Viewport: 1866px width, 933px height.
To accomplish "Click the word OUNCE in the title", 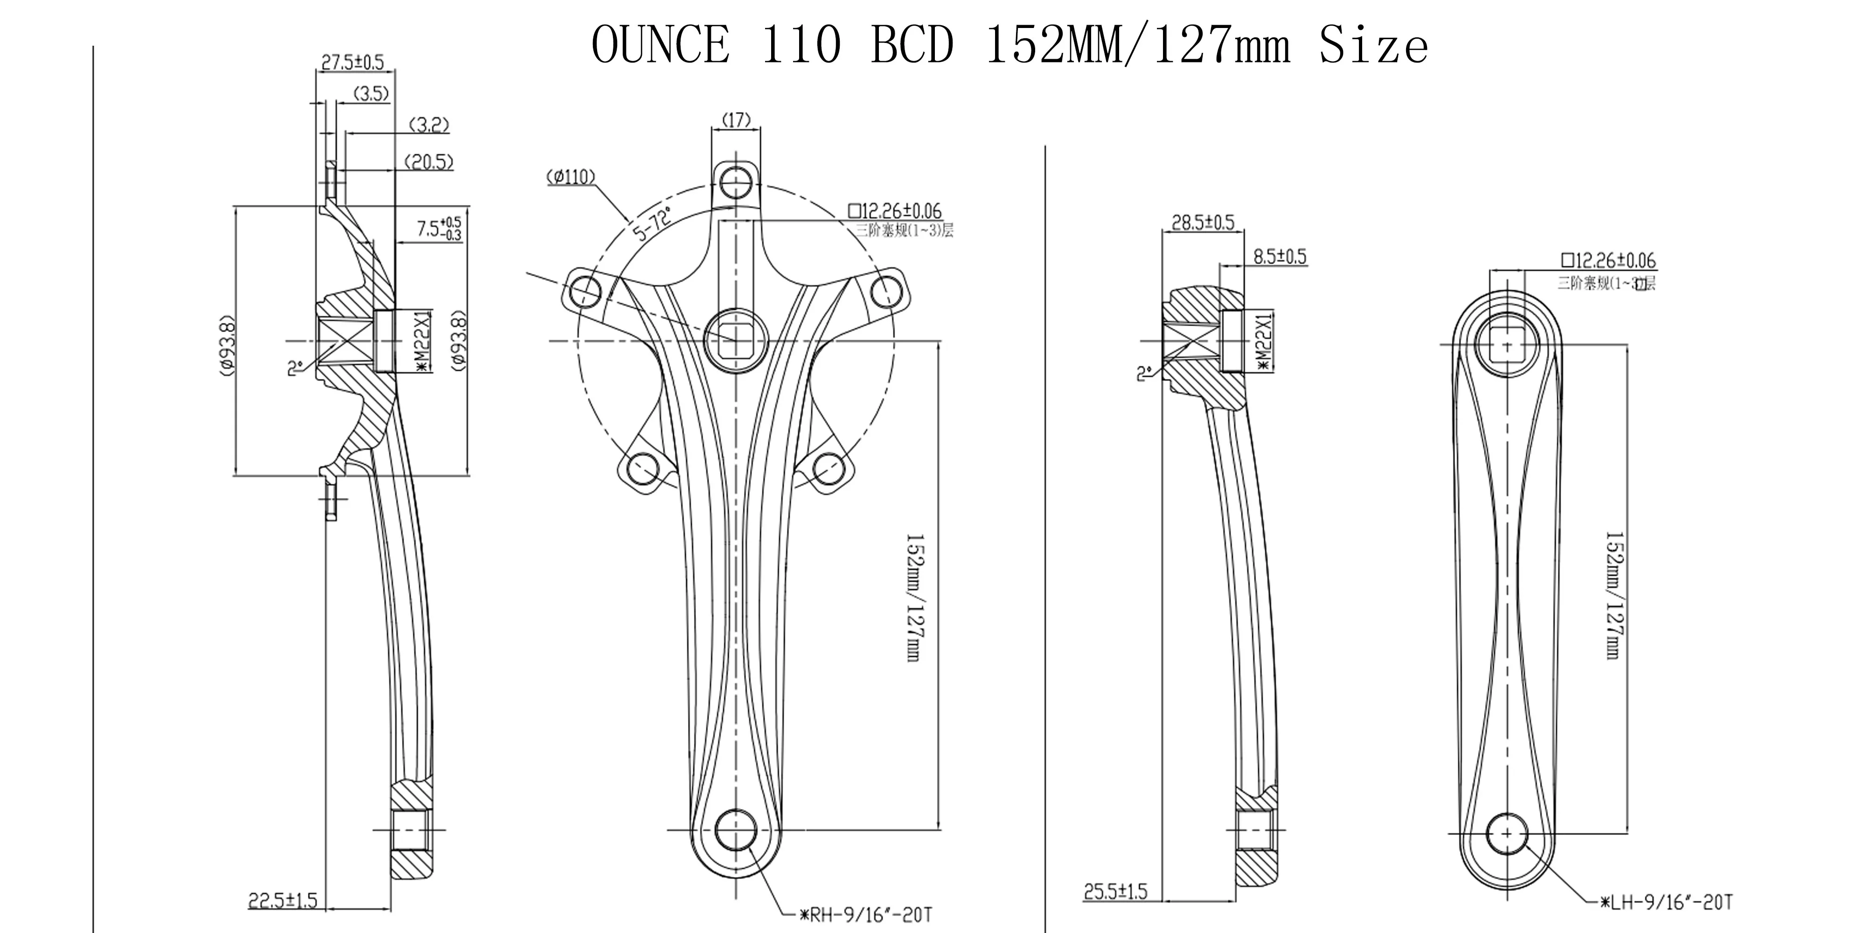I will click(661, 46).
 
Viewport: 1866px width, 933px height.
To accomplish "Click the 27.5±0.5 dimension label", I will click(352, 63).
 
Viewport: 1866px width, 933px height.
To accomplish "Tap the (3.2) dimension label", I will click(430, 125).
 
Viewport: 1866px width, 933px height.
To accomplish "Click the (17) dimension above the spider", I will click(737, 119).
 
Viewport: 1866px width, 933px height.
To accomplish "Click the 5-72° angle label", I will click(652, 223).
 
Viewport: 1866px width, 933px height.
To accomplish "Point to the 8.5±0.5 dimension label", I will click(1280, 257).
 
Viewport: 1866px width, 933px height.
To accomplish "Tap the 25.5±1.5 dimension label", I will click(1115, 891).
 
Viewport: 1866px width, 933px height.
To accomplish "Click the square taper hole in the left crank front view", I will click(1507, 346).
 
